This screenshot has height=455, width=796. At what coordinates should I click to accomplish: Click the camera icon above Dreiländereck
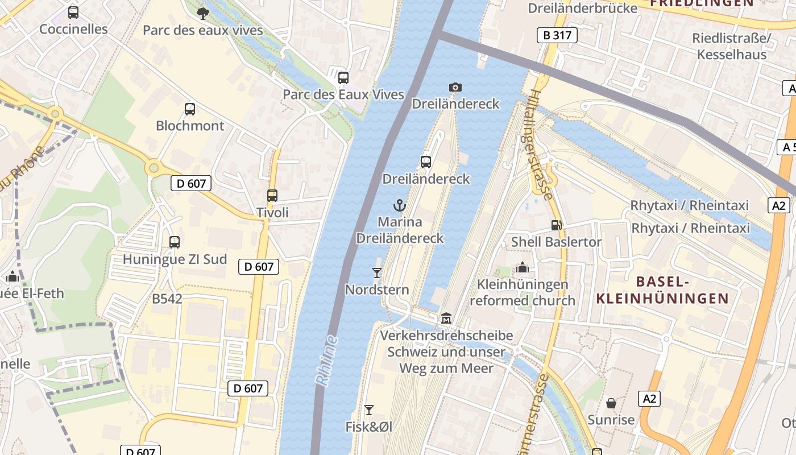click(x=455, y=87)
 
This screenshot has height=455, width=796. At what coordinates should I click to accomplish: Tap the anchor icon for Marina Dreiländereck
click(x=400, y=205)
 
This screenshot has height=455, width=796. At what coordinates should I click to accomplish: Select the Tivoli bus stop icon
click(x=272, y=196)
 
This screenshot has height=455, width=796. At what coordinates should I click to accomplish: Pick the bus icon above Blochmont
click(x=190, y=109)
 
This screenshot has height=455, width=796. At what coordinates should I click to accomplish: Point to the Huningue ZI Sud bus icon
click(x=175, y=242)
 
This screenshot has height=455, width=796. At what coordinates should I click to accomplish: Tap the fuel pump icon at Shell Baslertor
click(x=556, y=225)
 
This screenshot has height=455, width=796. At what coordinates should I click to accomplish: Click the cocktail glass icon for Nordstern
click(x=376, y=273)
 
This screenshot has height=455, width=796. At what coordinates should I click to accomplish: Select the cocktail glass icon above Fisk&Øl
click(x=369, y=409)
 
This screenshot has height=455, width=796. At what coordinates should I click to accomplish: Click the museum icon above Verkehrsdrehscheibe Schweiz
click(x=446, y=318)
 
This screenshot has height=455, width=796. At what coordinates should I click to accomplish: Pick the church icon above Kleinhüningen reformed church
click(x=522, y=267)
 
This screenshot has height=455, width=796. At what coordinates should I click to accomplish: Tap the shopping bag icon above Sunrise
click(x=611, y=403)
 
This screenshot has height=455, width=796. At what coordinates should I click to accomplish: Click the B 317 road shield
click(x=557, y=35)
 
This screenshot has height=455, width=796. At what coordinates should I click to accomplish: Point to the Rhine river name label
click(x=327, y=361)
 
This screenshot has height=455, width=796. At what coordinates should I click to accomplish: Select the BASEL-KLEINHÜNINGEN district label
click(x=662, y=290)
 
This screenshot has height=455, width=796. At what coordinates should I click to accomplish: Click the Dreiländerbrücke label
click(x=582, y=8)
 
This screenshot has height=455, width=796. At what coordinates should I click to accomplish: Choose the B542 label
click(x=167, y=299)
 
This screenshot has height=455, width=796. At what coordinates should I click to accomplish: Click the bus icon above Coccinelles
click(x=73, y=12)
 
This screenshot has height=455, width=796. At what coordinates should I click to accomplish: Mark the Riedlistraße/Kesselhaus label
click(x=731, y=46)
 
